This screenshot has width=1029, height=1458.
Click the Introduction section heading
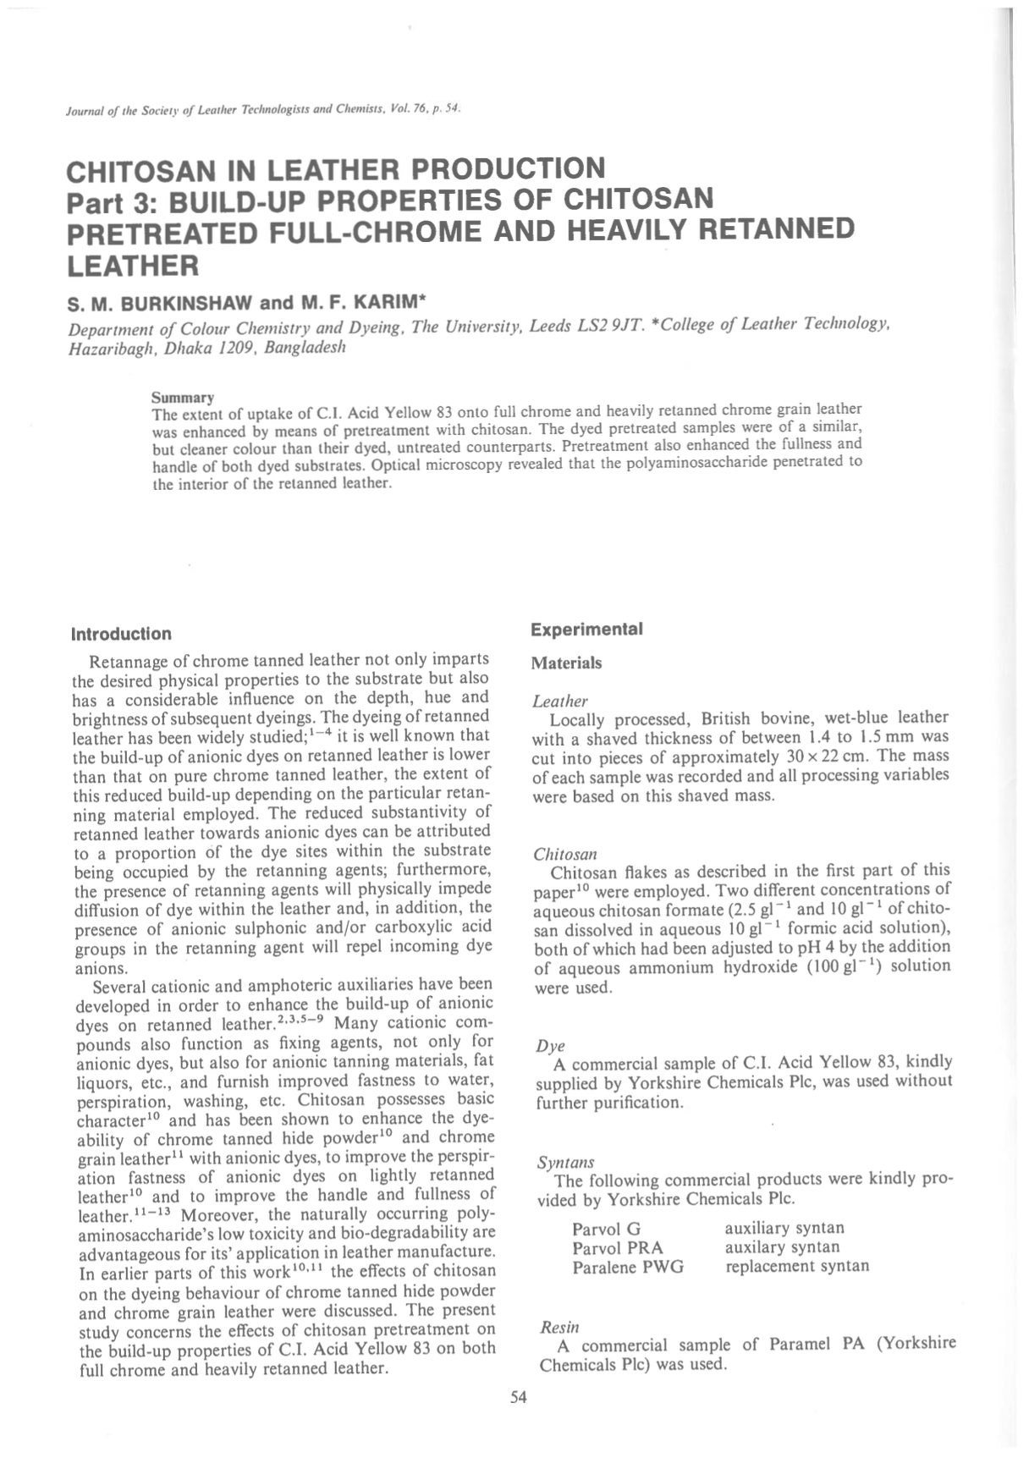(121, 634)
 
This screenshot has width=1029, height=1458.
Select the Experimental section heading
(586, 630)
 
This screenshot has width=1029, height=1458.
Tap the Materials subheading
(566, 663)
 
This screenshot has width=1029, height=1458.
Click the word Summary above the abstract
(182, 397)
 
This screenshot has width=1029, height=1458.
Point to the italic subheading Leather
(559, 701)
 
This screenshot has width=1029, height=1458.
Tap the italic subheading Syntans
(565, 1162)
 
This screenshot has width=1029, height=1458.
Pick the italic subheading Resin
(558, 1327)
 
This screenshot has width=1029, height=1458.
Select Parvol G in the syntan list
(607, 1229)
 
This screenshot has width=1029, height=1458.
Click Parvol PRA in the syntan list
(618, 1247)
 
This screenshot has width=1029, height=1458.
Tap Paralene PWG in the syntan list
(628, 1267)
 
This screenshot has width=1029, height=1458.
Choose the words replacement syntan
(796, 1266)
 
